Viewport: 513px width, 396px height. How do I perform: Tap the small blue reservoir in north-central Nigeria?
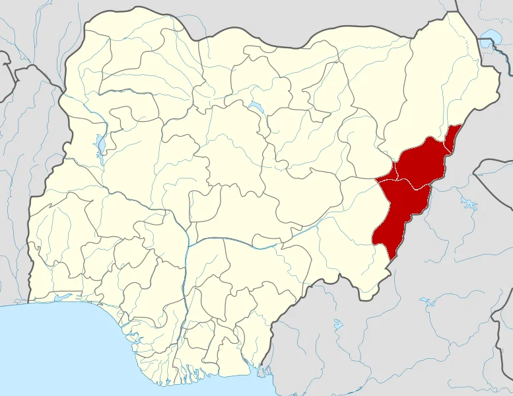point(254,108)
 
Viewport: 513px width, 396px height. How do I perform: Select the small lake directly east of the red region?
point(467,202)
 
